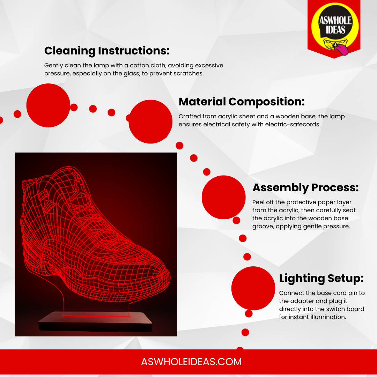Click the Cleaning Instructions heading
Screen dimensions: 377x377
click(x=107, y=51)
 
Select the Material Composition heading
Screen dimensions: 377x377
click(x=242, y=102)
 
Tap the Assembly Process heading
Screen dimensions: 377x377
click(x=305, y=187)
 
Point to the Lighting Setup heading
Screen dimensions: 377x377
click(x=321, y=279)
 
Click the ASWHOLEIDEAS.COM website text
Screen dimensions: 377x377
click(x=191, y=362)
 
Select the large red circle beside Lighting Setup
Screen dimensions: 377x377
click(x=253, y=288)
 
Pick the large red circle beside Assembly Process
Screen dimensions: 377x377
click(x=224, y=197)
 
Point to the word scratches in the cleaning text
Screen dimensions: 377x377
click(x=188, y=73)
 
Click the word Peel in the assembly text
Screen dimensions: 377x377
click(x=258, y=202)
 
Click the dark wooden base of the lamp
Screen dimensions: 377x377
click(x=96, y=321)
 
